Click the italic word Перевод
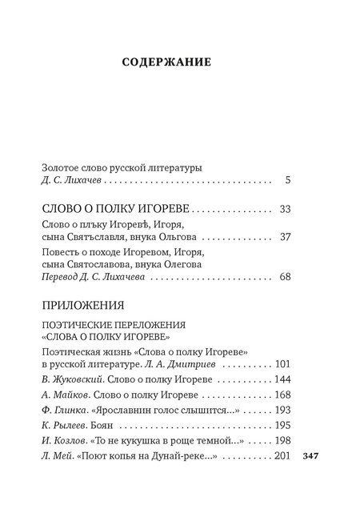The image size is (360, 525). (62, 278)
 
